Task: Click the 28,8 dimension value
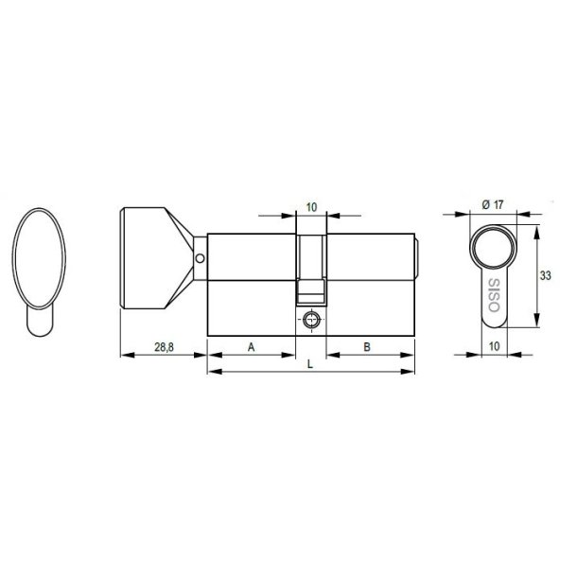pos(162,347)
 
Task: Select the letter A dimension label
pos(252,347)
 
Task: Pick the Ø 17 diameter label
pos(493,204)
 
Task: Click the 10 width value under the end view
pos(495,346)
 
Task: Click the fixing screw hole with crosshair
pos(311,321)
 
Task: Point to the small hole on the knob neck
pos(200,256)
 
